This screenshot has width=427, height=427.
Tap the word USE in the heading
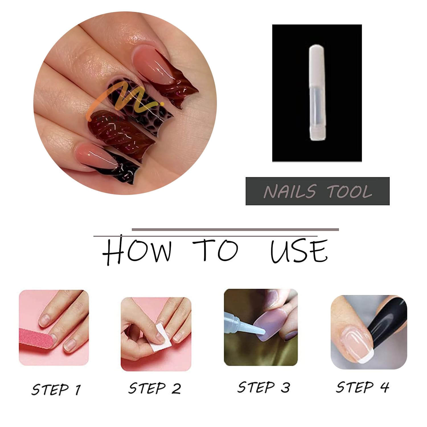pyautogui.click(x=299, y=251)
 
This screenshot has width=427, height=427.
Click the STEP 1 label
pyautogui.click(x=56, y=389)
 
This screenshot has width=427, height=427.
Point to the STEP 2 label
pyautogui.click(x=155, y=388)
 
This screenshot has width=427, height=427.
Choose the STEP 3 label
pyautogui.click(x=264, y=387)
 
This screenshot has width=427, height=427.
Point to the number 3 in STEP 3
pyautogui.click(x=286, y=388)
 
